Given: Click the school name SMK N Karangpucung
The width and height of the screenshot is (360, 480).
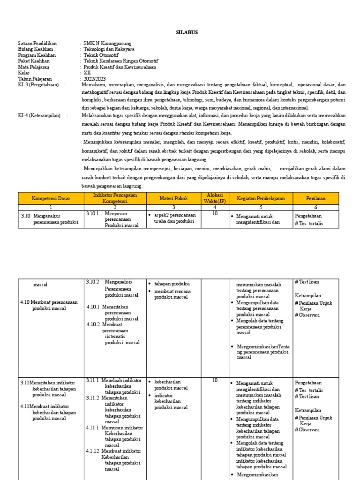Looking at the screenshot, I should pos(107,43).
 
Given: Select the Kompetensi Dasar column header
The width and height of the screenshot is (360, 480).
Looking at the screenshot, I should pos(51,198).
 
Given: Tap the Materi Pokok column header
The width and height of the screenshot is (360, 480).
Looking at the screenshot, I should pos(173,198).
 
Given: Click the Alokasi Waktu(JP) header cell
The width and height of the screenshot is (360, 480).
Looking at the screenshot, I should pos(215,198).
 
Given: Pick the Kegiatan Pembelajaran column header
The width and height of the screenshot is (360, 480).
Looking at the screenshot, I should pos(261,198).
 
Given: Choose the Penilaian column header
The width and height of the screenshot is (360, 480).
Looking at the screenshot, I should pos(315,198).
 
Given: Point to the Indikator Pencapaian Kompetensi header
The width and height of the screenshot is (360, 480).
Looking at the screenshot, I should pos(114,198).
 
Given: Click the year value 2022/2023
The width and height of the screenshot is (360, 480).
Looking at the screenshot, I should pos(95,79).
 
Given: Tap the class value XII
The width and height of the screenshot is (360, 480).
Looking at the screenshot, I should pos(87,73).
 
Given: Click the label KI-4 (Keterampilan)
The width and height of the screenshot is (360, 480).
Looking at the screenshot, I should pos(39,115).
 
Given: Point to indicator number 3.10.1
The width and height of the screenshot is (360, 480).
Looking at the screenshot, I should pos(94,213).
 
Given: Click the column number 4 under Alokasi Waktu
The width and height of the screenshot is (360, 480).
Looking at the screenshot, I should pos(215,207).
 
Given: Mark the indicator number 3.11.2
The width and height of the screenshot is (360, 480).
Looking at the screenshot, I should pos(93,397).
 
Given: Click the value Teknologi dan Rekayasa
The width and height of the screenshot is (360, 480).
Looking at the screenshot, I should pos(109,49).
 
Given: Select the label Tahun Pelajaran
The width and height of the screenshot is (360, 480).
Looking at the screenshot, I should pos(35,79).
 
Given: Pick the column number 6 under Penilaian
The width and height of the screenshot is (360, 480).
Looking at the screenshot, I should pos(315,207).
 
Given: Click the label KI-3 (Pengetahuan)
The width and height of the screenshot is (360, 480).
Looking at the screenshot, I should pos(39,85).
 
